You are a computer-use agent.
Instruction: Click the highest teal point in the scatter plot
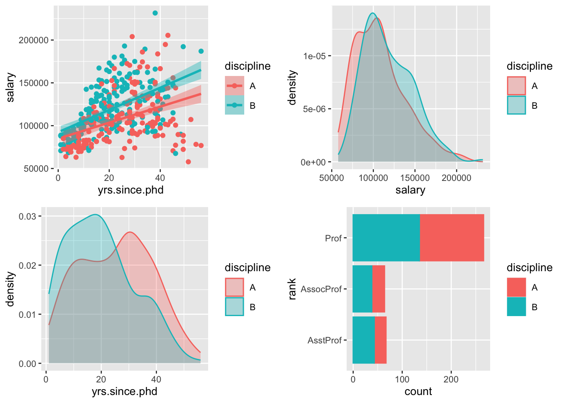(155, 13)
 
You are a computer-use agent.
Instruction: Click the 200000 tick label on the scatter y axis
(34, 40)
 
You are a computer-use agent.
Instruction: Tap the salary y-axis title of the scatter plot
(10, 87)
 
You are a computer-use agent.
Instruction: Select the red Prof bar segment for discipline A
(452, 238)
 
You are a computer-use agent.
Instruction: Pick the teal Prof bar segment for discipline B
(386, 238)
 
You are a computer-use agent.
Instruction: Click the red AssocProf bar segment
(379, 289)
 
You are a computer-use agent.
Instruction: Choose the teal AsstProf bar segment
(363, 340)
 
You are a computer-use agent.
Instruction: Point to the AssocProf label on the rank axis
(321, 289)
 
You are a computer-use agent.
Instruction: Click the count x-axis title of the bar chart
(418, 392)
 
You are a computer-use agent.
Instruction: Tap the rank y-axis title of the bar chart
(292, 289)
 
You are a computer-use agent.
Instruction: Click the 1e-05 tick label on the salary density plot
(314, 56)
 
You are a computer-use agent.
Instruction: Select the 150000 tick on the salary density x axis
(415, 178)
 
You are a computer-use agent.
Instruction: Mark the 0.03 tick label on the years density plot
(27, 217)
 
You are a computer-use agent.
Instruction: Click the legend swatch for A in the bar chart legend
(516, 287)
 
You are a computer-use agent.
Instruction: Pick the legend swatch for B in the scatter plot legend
(234, 105)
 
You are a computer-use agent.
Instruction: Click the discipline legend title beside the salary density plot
(529, 66)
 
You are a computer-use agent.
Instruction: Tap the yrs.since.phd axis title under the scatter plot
(131, 190)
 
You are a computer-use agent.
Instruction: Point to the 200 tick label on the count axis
(451, 379)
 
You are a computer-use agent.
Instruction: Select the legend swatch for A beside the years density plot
(234, 287)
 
